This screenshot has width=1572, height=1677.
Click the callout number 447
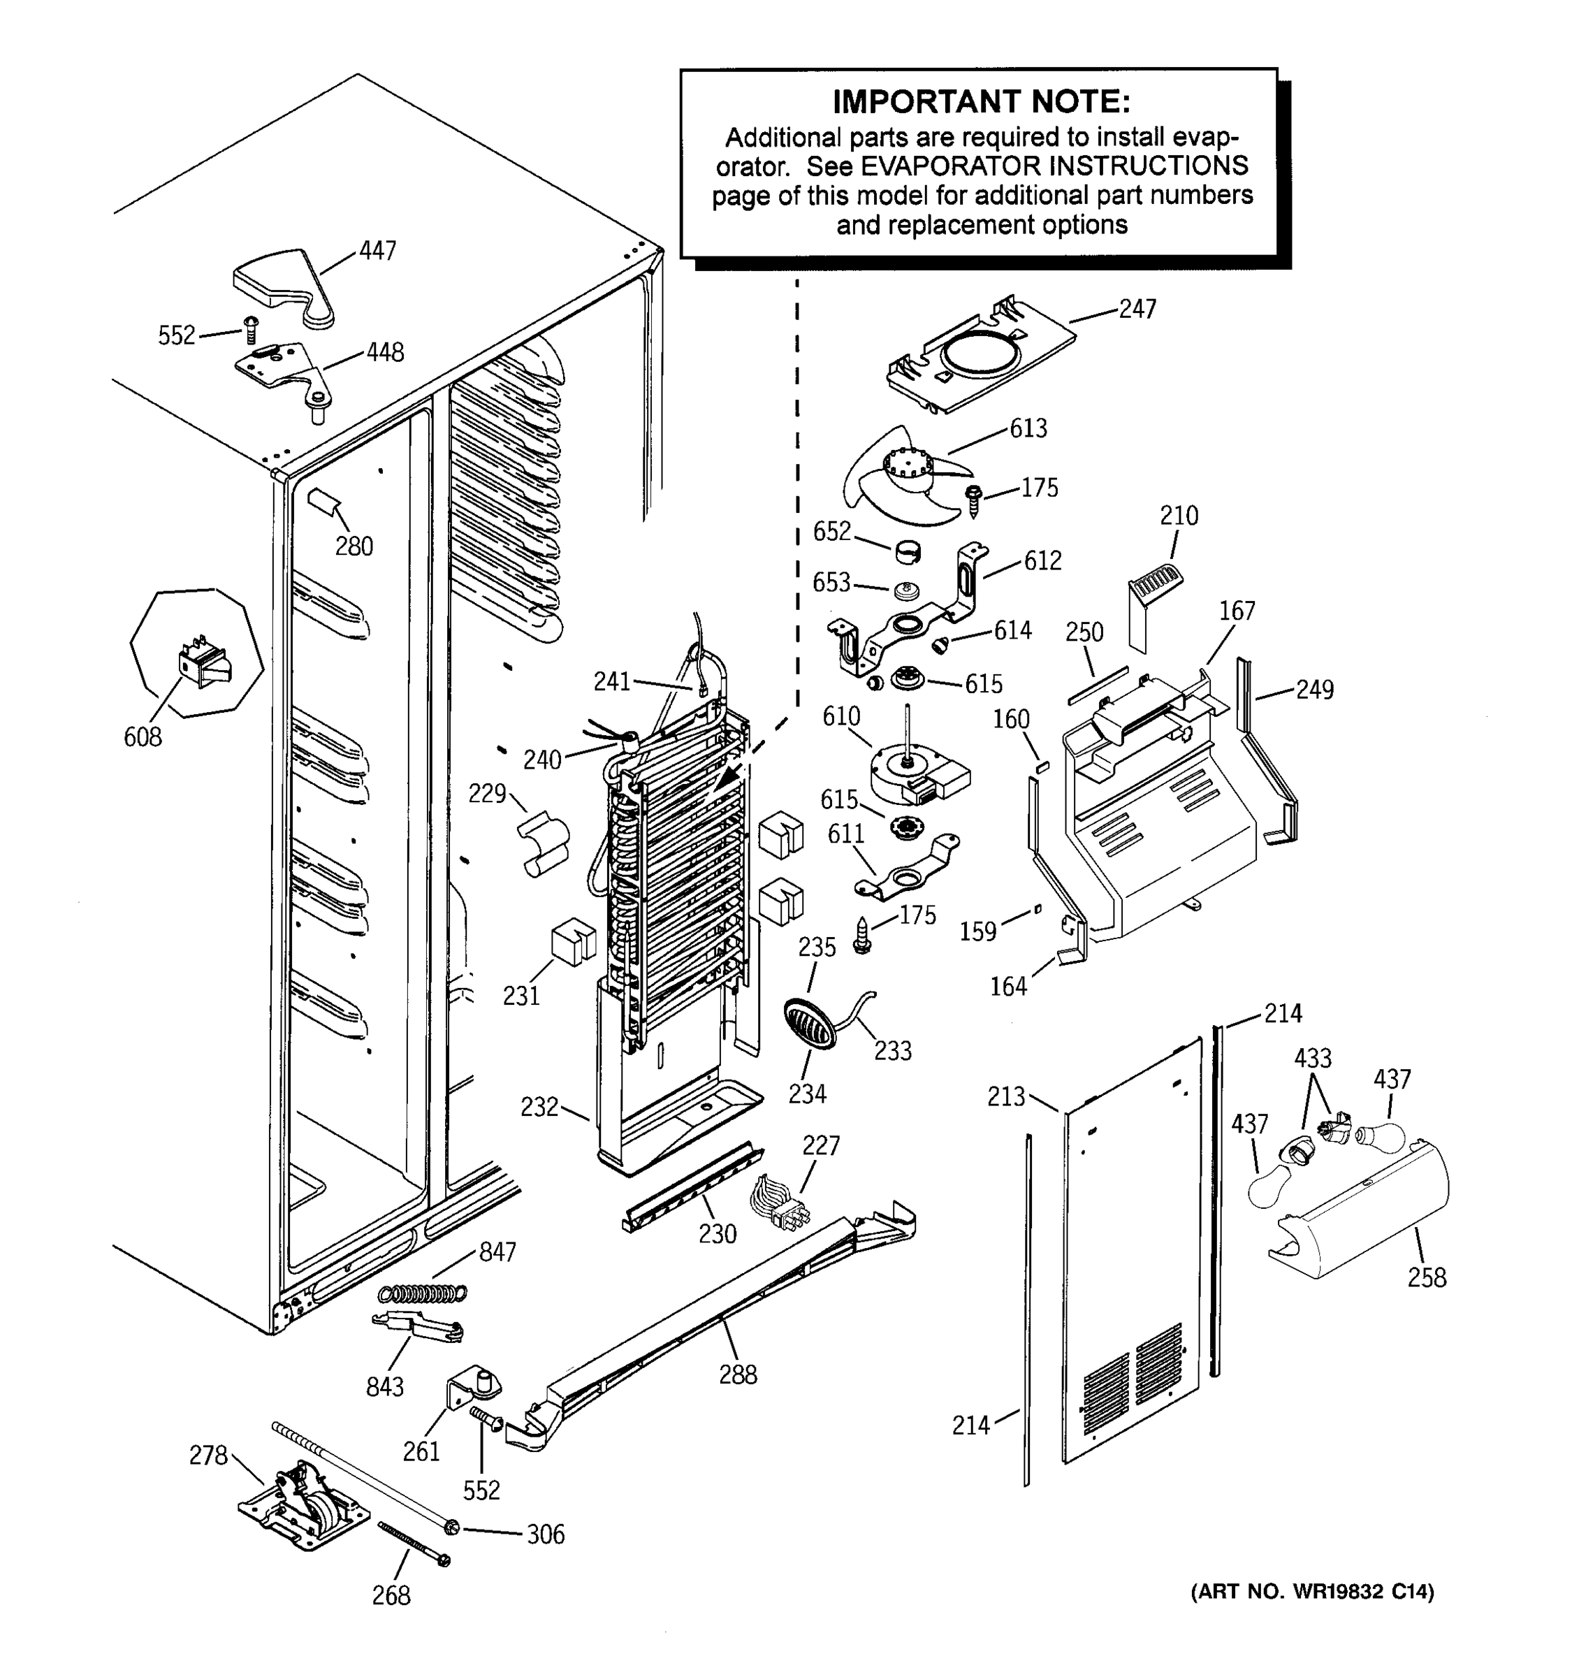[x=377, y=251]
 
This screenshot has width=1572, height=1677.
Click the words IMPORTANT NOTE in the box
[x=981, y=102]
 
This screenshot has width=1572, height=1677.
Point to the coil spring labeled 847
[x=422, y=1292]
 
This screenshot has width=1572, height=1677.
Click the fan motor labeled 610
[x=915, y=773]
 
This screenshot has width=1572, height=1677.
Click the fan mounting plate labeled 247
[x=978, y=358]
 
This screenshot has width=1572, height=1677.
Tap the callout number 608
[x=143, y=737]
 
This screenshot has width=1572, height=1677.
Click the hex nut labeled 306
[x=453, y=1525]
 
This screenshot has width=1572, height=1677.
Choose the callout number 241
[x=611, y=681]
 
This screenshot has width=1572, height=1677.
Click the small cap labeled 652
[x=907, y=553]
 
